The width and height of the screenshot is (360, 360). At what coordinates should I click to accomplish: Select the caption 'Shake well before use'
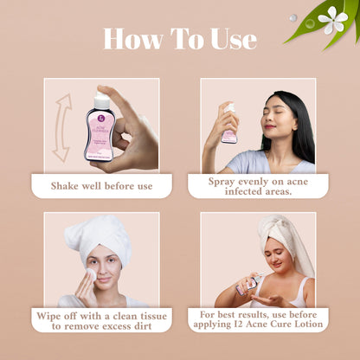click(102, 184)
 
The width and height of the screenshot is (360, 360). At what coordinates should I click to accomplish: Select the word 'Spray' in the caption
click(225, 182)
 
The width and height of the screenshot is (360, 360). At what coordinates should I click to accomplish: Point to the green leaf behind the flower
click(303, 26)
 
